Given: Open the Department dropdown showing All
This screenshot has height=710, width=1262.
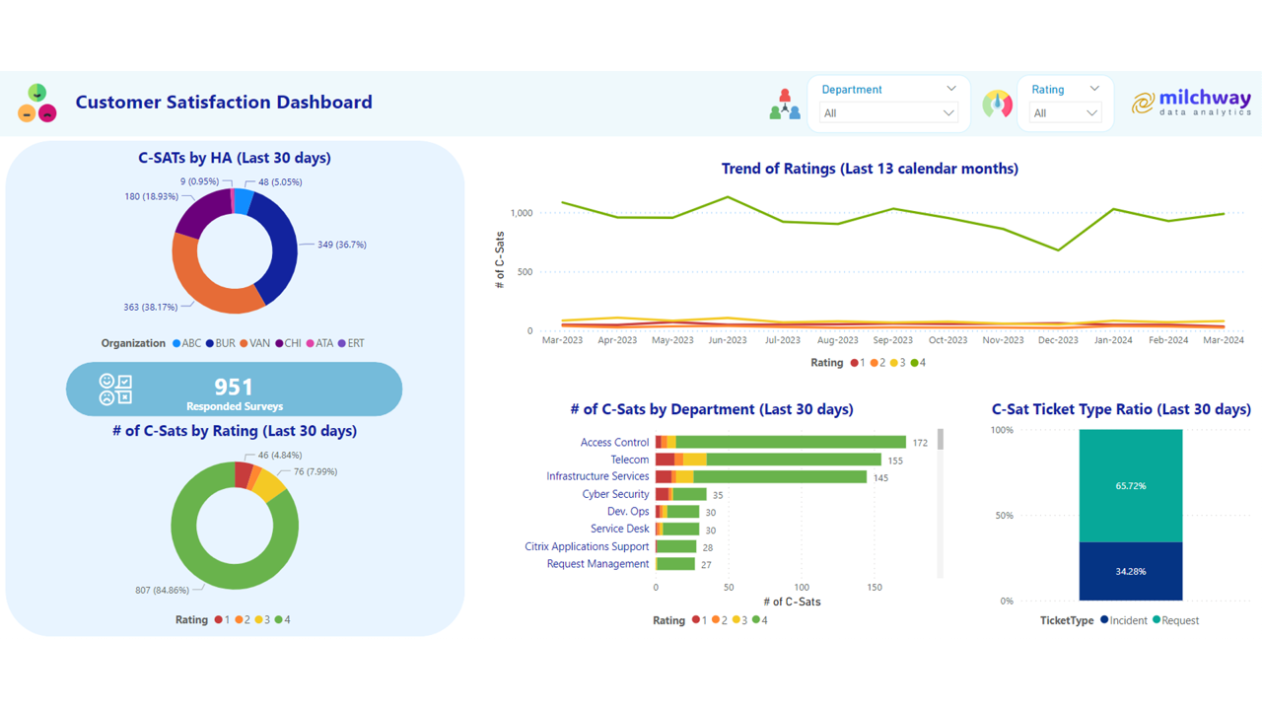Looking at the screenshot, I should point(887,113).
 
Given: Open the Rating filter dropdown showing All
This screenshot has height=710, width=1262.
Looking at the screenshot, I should point(1064,113).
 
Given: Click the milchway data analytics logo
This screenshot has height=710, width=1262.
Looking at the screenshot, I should point(1191,103).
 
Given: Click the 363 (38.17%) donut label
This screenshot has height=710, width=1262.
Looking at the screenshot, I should point(151,308).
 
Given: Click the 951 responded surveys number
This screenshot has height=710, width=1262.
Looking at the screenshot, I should point(234,386).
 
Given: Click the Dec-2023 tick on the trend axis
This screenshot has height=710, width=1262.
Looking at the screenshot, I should point(1058,340).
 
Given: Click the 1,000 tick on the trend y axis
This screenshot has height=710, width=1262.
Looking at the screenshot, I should point(522,213).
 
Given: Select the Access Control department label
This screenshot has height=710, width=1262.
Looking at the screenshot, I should point(614,443).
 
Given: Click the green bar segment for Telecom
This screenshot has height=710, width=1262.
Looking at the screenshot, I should point(794,460).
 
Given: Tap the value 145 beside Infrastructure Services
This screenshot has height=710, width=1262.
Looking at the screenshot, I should point(880,478).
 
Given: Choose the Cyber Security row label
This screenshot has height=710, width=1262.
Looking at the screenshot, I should point(615,494).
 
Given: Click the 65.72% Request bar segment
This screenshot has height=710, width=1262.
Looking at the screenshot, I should point(1130,486).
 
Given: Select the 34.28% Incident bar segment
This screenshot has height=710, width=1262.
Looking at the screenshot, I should point(1130,571).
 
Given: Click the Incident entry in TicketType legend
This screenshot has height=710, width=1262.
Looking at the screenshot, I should point(1123,620).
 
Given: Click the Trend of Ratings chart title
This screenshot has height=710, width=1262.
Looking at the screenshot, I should point(870,169).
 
